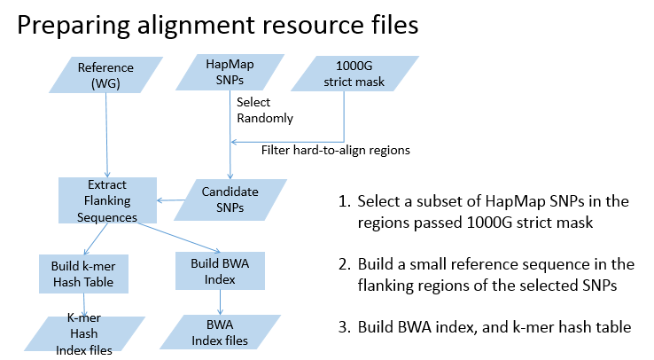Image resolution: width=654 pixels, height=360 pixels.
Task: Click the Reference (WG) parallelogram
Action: pyautogui.click(x=105, y=74)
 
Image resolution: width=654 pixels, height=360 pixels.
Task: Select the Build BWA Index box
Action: pyautogui.click(x=218, y=270)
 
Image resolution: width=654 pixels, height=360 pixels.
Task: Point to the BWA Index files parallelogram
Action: pyautogui.click(x=218, y=332)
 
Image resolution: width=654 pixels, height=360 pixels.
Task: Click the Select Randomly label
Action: pyautogui.click(x=265, y=110)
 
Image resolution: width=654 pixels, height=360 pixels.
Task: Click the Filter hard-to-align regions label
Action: pyautogui.click(x=335, y=150)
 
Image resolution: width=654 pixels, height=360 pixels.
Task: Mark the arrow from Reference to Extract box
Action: pyautogui.click(x=106, y=133)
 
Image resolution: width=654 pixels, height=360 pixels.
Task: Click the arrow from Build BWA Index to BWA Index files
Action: pyautogui.click(x=218, y=301)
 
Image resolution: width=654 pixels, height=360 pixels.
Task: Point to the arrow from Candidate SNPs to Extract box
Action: pyautogui.click(x=174, y=200)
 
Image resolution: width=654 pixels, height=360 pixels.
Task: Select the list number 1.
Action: pyautogui.click(x=346, y=201)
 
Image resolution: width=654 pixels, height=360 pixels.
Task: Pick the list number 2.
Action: pyautogui.click(x=346, y=264)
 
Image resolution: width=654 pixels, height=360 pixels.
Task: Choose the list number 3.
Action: pyautogui.click(x=346, y=326)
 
